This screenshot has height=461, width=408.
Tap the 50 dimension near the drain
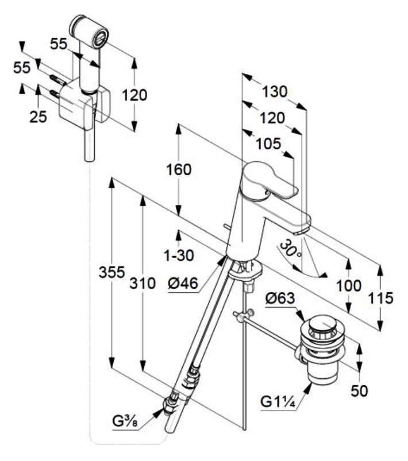point(360,391)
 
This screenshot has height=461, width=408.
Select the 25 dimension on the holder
point(38,117)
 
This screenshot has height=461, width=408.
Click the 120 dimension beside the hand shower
point(136,95)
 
